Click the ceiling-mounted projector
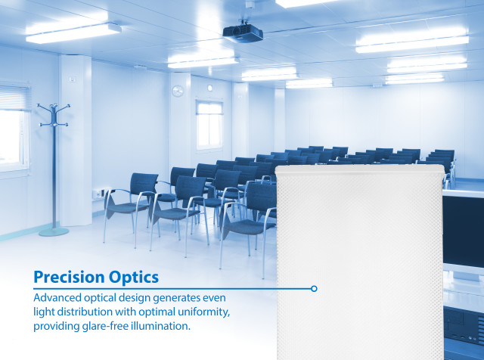pyautogui.click(x=243, y=33)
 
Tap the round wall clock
pyautogui.click(x=178, y=91)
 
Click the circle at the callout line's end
pyautogui.click(x=314, y=288)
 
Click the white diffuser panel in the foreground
pyautogui.click(x=359, y=265)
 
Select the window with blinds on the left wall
pyautogui.click(x=14, y=121)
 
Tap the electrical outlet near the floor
pyautogui.click(x=101, y=192)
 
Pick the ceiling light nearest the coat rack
pyautogui.click(x=73, y=32)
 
